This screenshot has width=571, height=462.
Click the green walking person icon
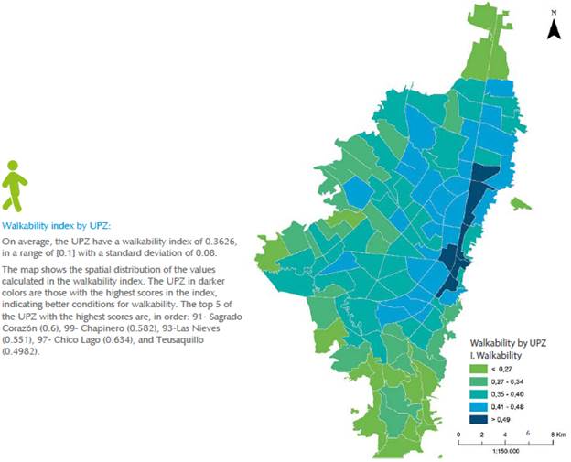(16, 186)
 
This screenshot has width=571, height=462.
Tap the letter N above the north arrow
(553, 13)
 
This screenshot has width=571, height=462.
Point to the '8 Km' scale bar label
(552, 434)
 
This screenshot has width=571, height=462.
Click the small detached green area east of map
(521, 203)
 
